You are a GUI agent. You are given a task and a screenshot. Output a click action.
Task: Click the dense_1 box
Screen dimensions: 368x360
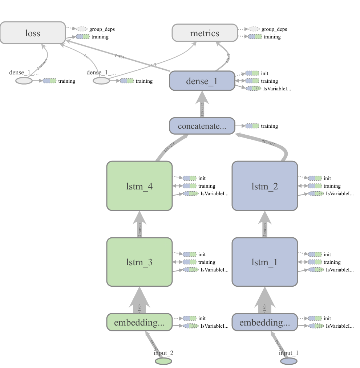pos(202,81)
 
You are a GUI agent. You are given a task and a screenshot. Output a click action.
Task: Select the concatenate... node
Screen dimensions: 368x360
pos(202,126)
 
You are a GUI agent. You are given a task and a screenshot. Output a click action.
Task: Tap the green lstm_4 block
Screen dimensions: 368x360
pos(139,186)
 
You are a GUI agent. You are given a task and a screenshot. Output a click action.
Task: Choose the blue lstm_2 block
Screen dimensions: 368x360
pos(264,186)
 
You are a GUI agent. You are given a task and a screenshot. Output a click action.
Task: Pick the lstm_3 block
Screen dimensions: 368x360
pos(139,262)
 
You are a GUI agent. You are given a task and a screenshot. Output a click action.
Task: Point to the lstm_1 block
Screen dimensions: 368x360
pos(264,262)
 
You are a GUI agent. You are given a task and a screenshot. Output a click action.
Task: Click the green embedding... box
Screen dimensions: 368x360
pos(139,322)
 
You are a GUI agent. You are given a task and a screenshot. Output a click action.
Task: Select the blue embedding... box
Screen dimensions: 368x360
pos(264,322)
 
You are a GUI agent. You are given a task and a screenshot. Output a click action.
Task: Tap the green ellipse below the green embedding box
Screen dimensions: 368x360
pos(163,361)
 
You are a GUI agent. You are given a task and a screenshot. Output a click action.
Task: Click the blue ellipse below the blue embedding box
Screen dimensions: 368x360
pos(289,361)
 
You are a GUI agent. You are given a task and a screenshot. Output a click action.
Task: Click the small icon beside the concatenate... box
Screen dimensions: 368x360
pos(252,126)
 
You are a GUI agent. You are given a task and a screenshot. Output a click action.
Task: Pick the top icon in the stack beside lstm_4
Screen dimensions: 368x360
pos(190,178)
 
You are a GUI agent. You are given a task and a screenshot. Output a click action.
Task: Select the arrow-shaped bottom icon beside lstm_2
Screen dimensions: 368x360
pos(316,193)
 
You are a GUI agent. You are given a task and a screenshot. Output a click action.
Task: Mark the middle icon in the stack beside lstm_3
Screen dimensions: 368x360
pos(190,262)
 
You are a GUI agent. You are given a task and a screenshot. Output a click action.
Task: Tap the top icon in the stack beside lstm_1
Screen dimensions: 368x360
pos(315,254)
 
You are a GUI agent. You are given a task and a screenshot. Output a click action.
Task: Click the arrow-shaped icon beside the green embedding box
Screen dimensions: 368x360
pos(190,326)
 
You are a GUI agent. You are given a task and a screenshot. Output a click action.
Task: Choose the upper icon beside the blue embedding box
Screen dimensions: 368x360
pos(315,318)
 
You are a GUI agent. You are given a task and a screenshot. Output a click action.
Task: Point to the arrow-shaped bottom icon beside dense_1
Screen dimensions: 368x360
pos(253,88)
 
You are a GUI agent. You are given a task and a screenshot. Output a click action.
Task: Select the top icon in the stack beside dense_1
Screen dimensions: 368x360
pos(252,73)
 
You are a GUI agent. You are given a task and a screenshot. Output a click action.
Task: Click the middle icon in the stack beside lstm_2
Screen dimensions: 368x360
pos(315,186)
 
